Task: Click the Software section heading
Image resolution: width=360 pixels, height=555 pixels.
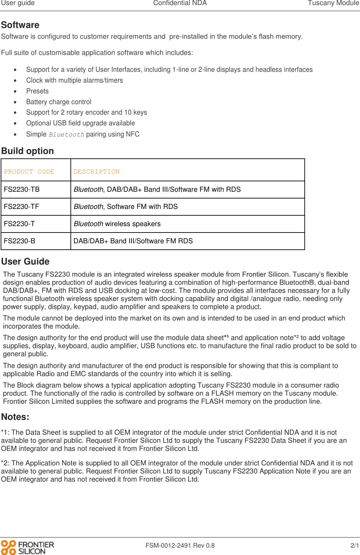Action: pos(20,25)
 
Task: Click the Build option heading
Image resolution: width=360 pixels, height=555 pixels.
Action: pos(28,151)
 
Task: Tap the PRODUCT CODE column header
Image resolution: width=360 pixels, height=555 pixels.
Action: pos(29,172)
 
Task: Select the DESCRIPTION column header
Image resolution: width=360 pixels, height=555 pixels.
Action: pos(97,172)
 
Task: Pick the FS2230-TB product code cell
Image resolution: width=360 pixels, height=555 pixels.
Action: pos(22,189)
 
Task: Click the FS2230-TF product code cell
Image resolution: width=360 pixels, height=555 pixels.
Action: pos(22,207)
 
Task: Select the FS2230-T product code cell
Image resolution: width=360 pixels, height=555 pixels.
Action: pos(19,224)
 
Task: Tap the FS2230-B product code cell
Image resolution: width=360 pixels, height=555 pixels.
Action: pos(20,241)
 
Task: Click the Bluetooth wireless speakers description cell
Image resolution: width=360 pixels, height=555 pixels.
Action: pos(117,224)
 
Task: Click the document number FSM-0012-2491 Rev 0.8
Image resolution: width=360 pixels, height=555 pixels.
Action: pos(180,546)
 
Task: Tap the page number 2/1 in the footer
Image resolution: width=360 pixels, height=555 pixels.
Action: pos(355,546)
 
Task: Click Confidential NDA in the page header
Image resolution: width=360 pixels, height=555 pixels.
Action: pos(180,3)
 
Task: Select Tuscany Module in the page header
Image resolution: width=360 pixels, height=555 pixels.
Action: pos(333,3)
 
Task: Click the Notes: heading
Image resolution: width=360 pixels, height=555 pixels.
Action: pos(15,417)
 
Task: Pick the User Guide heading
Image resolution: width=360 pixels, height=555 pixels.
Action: pos(25,261)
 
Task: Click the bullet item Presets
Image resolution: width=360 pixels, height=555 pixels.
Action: pos(37,91)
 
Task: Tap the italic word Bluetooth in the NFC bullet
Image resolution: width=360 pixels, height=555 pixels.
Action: pos(66,134)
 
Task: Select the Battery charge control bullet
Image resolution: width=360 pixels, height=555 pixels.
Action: pos(59,102)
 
